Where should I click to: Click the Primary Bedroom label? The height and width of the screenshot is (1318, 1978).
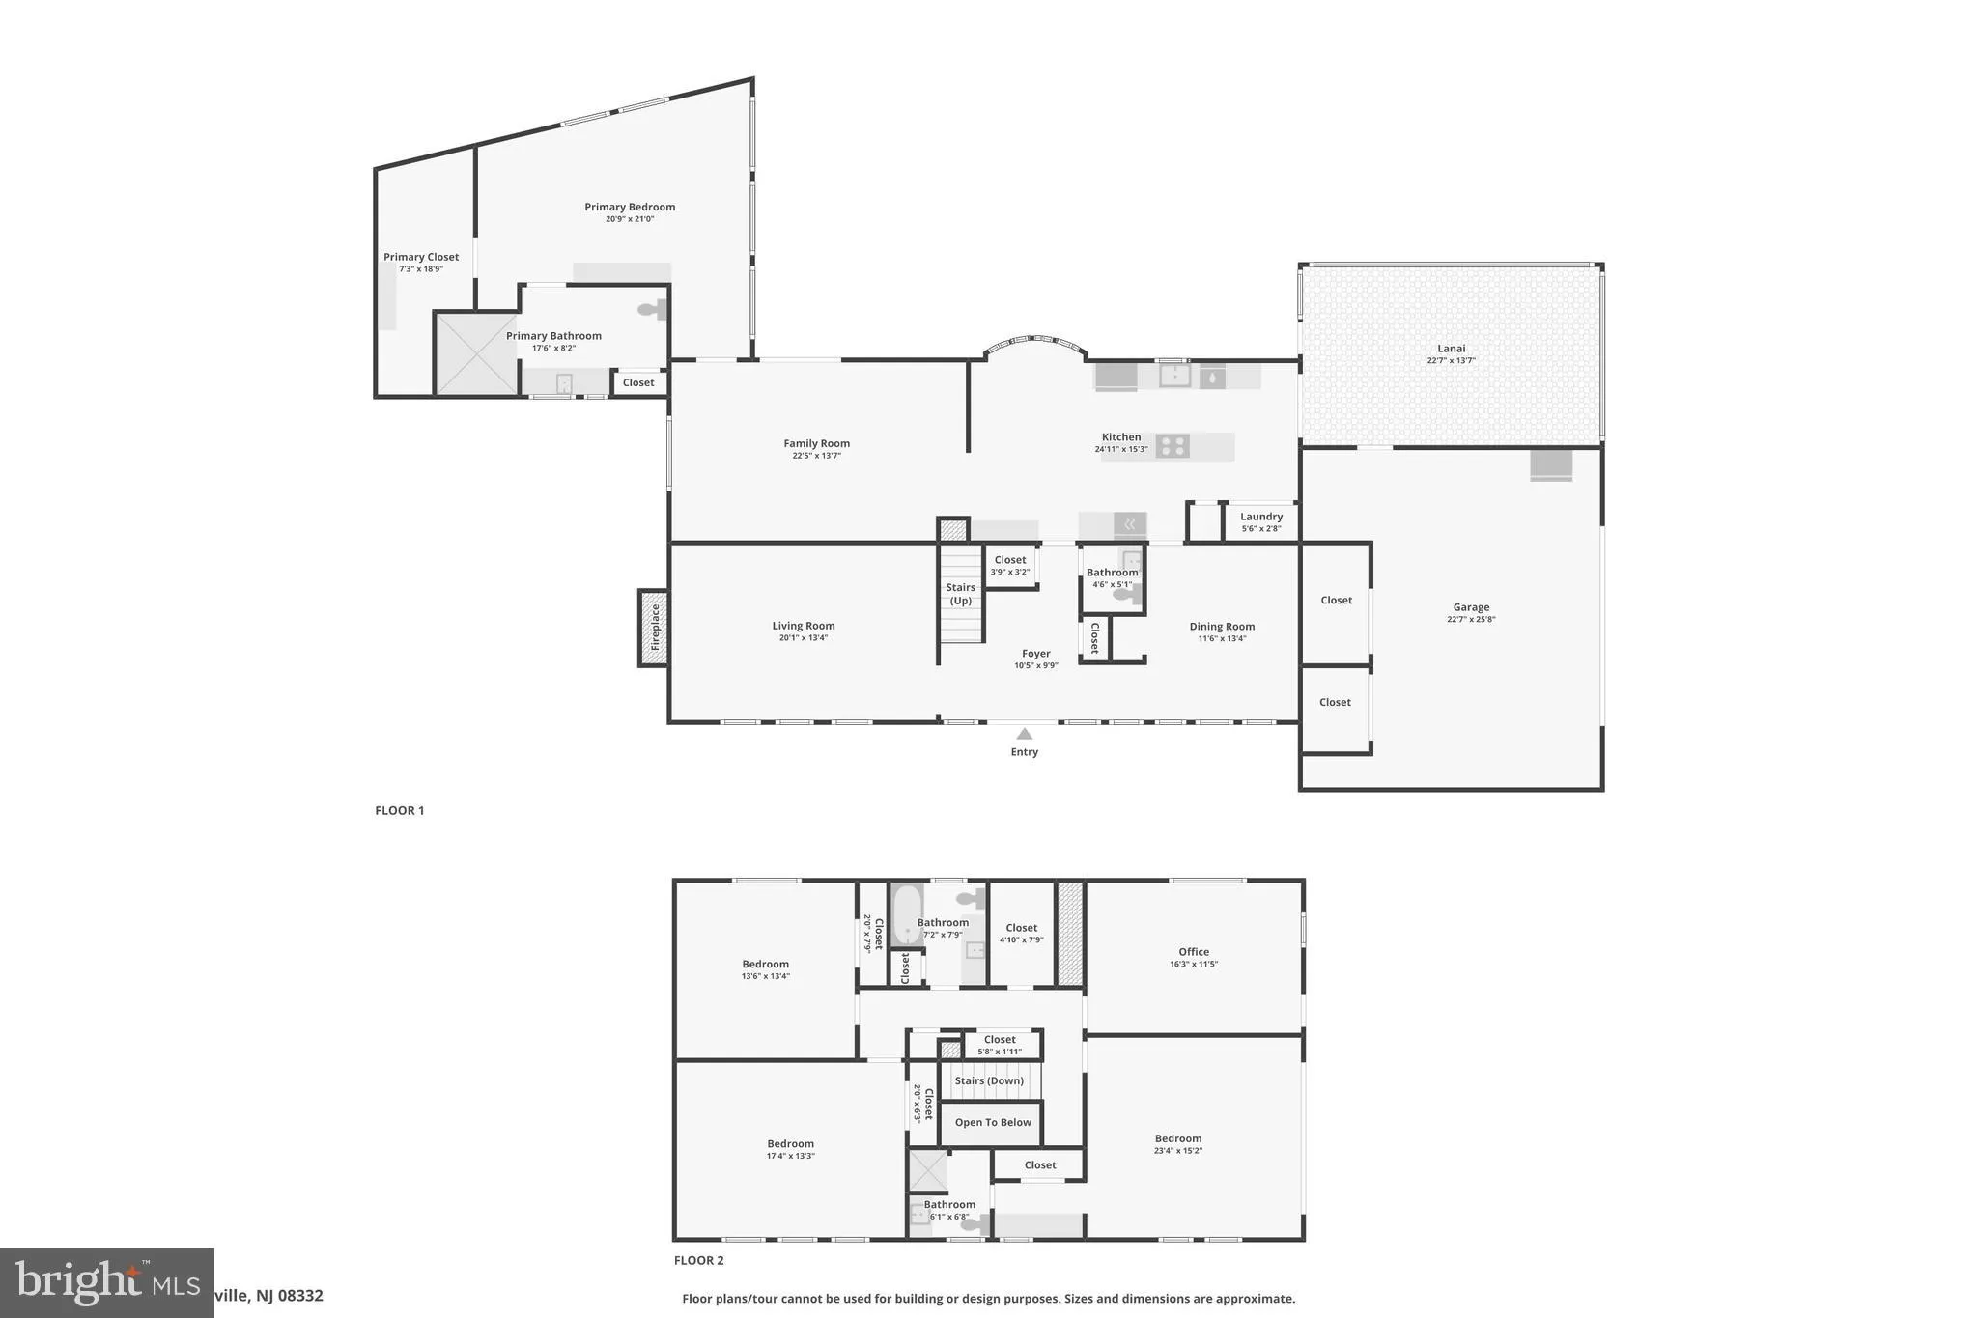tap(630, 207)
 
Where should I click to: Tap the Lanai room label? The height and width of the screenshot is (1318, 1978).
tap(1451, 349)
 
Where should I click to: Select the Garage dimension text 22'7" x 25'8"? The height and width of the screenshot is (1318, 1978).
tap(1471, 620)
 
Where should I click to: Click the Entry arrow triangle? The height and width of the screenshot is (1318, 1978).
tap(1024, 734)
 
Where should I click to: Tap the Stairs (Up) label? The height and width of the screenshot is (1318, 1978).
tap(960, 594)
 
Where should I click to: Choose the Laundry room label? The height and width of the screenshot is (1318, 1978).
tap(1261, 517)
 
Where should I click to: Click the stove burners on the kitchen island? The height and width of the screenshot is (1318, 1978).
tap(1173, 445)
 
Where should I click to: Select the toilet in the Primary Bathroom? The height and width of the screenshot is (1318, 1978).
tap(652, 310)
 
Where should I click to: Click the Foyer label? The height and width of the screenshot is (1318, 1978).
tap(1035, 654)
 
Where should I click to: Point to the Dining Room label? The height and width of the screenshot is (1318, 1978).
tap(1222, 627)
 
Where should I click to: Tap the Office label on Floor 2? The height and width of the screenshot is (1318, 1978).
tap(1194, 951)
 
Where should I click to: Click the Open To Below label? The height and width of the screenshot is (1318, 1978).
tap(993, 1122)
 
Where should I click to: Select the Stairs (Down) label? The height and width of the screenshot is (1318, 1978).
tap(989, 1080)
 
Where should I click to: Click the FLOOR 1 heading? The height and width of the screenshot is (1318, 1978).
tap(400, 810)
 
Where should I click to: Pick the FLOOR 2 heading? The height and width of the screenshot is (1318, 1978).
tap(698, 1260)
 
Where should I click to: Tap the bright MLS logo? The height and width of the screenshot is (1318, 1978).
tap(106, 1282)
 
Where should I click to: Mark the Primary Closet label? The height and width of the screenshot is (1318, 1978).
tap(421, 257)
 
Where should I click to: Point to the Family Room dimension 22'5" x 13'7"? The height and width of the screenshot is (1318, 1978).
tap(817, 456)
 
